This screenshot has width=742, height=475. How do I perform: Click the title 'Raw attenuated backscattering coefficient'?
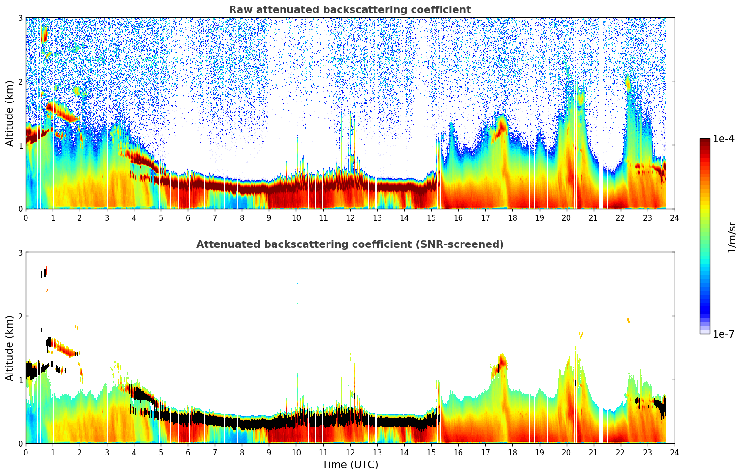coord(349,10)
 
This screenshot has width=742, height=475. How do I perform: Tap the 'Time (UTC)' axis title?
coord(350,465)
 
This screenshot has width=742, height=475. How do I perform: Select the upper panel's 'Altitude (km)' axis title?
coord(10,113)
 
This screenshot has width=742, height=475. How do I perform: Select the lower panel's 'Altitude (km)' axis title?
coord(10,348)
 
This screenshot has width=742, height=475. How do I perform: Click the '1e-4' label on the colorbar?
coord(723,139)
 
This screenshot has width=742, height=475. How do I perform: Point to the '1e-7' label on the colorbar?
coord(723,334)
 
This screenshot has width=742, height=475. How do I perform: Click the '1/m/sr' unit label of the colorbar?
coord(732,237)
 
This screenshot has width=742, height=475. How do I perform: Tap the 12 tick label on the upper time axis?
coord(350,218)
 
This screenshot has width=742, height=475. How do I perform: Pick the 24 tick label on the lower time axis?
coord(674,453)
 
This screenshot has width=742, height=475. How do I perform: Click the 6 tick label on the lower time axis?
coord(188,453)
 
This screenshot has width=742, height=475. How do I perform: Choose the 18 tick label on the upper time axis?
coord(512,218)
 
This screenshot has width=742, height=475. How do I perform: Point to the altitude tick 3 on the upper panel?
coord(20,18)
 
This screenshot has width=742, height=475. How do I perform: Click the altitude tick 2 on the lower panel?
coord(20,316)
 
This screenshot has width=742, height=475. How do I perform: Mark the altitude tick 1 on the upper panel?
coord(20,145)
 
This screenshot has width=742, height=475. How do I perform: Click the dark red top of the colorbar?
coord(704,141)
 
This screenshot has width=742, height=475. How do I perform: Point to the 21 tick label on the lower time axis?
coord(593,453)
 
